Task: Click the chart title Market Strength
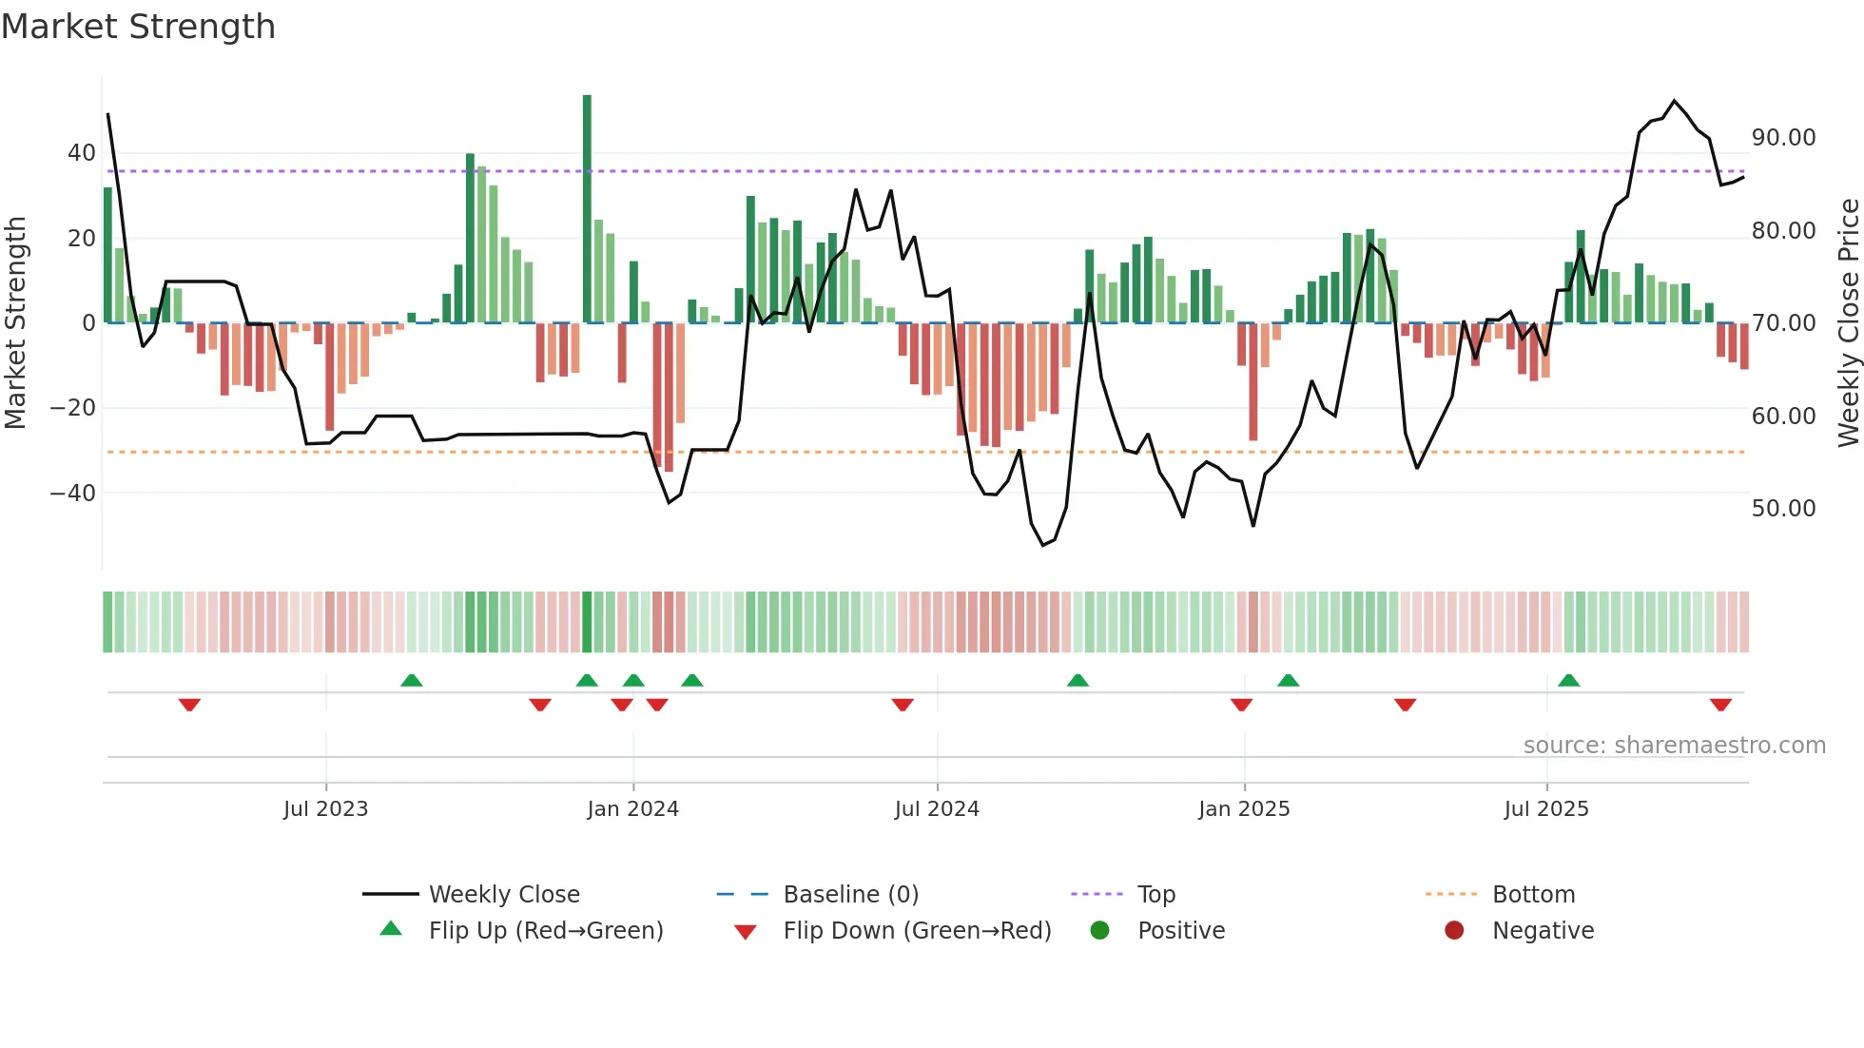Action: coord(139,27)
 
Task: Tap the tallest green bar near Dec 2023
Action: coord(587,209)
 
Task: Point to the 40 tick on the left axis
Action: coord(82,153)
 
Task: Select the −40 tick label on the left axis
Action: coord(72,493)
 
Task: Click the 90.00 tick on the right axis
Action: coord(1783,138)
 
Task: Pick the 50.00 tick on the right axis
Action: coord(1783,508)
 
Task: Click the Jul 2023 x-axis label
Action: coord(325,809)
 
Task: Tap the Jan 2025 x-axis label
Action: coord(1244,809)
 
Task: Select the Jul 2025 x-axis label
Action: coord(1546,809)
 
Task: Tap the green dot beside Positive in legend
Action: coord(1100,930)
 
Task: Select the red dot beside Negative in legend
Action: coord(1454,930)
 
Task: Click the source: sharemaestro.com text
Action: coord(1674,746)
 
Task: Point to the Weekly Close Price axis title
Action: coord(1849,323)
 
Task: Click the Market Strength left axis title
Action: coord(15,323)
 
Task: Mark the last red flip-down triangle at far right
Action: coord(1720,705)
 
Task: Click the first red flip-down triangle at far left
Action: coord(189,705)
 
